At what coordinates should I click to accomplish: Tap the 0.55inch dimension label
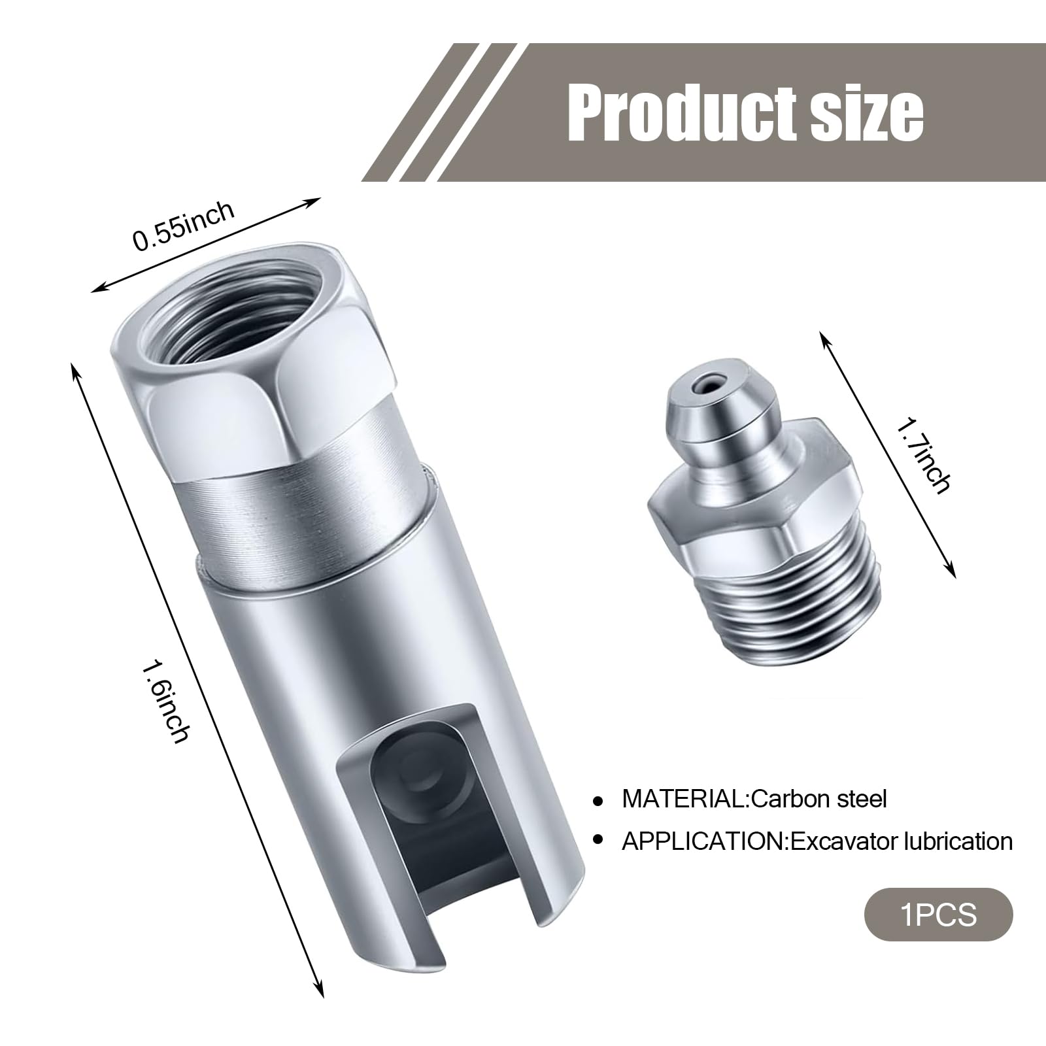[x=184, y=226]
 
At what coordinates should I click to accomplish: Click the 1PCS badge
[x=939, y=914]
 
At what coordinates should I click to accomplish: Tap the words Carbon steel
[x=819, y=798]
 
